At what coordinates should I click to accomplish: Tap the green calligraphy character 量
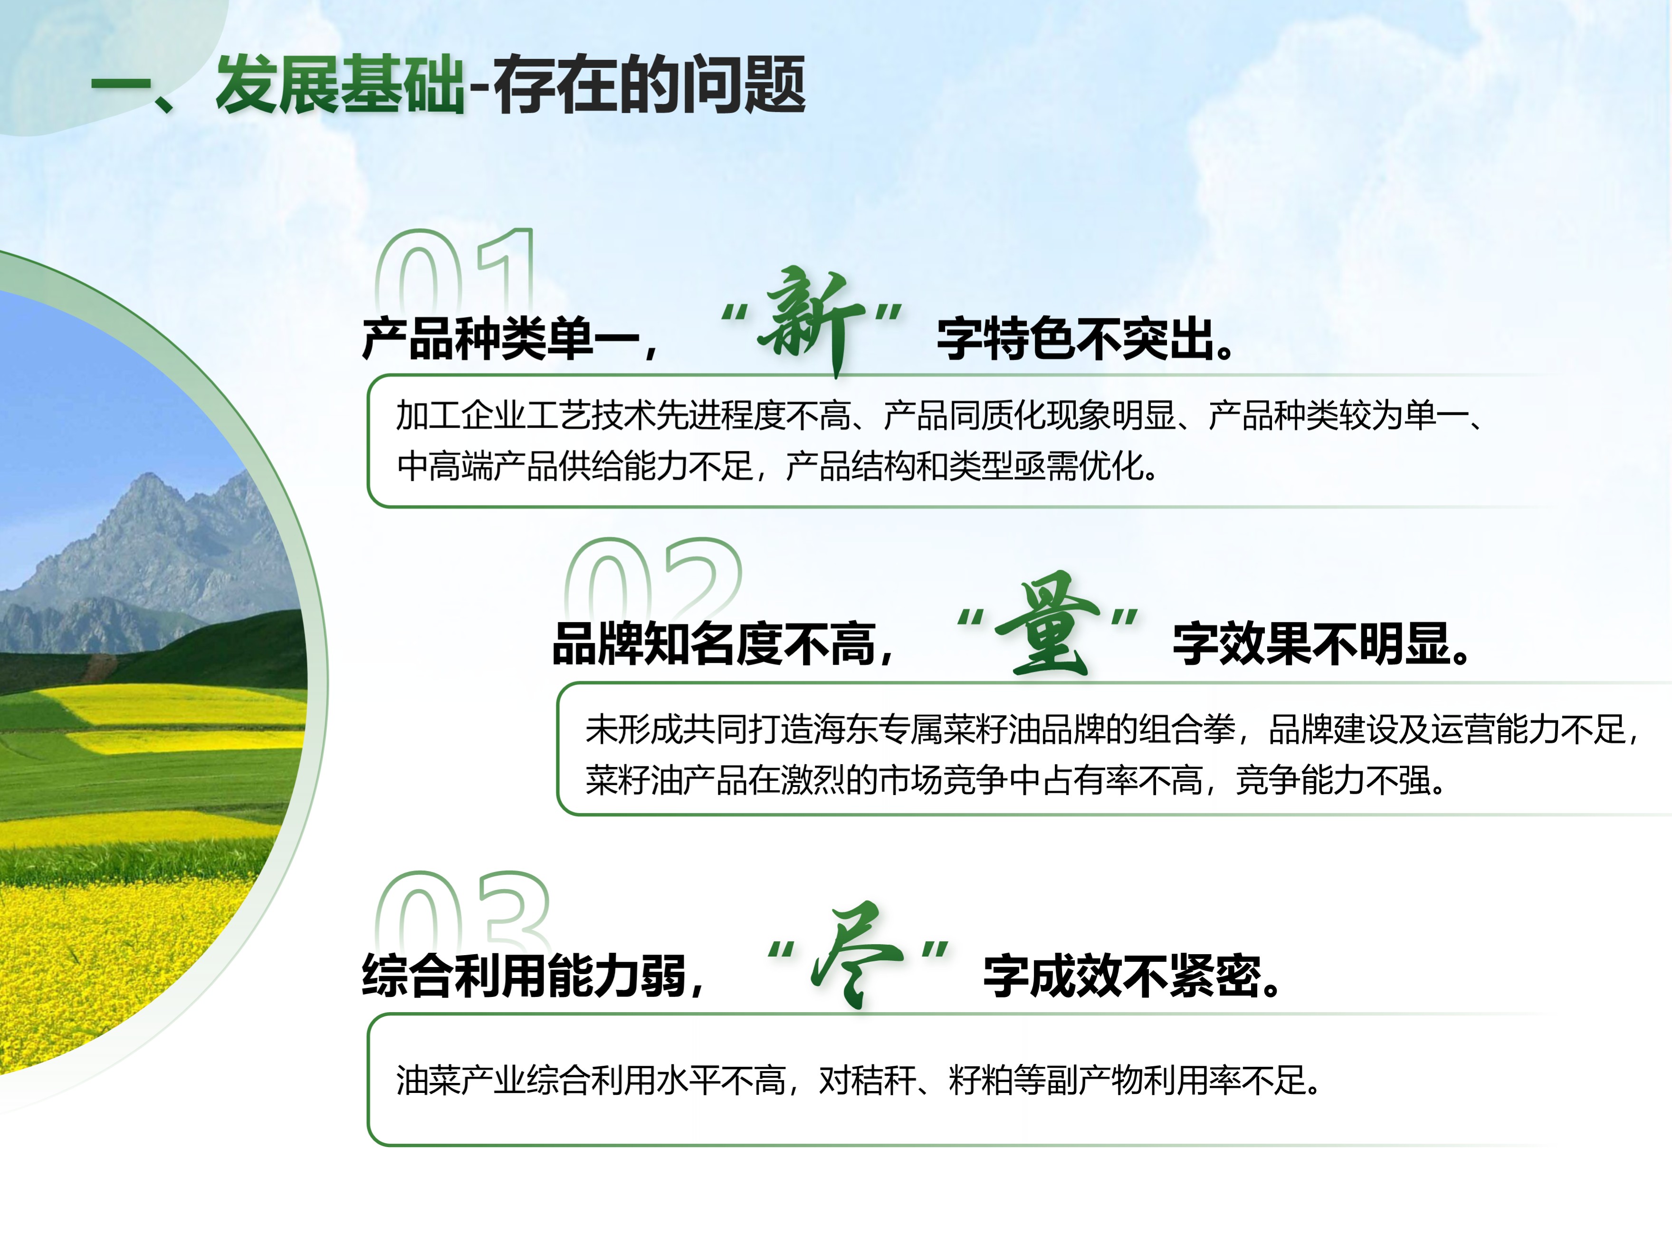coord(1047,623)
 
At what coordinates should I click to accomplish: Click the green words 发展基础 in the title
coord(341,85)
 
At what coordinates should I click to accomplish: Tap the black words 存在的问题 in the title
coord(650,85)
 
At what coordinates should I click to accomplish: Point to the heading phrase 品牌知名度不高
coord(714,644)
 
